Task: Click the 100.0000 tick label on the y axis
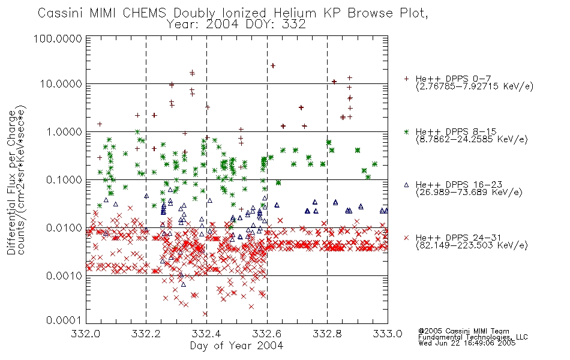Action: point(58,38)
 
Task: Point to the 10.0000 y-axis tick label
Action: point(61,84)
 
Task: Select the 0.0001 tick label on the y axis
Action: point(64,320)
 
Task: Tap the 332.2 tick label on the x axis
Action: point(146,334)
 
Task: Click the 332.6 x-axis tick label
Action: point(267,334)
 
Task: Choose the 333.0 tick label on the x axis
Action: point(388,334)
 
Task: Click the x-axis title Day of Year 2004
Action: point(236,346)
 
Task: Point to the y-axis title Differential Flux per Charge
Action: point(11,182)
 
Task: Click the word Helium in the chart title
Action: point(295,13)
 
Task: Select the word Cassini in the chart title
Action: point(61,13)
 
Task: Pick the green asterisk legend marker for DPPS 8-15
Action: point(406,131)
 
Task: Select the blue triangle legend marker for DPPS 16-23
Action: point(406,185)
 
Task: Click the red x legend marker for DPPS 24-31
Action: point(406,238)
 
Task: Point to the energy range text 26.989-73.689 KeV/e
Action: point(469,193)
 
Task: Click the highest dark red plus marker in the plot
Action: point(273,65)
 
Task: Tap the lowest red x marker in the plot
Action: point(205,313)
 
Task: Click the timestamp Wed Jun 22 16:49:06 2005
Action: point(467,343)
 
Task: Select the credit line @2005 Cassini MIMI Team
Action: point(463,331)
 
